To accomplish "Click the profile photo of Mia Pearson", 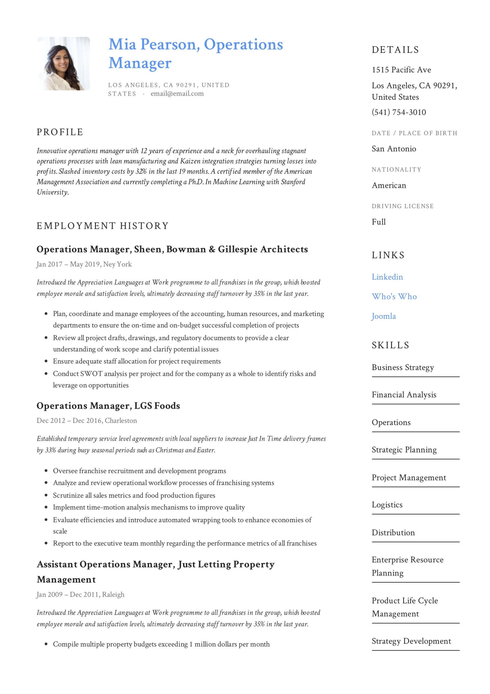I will point(63,63).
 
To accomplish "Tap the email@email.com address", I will point(177,94).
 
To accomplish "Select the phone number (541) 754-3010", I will point(399,112).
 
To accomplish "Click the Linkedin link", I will point(387,277).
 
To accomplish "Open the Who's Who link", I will point(394,297).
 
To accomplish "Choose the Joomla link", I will point(384,316).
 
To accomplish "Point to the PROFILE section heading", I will point(60,132).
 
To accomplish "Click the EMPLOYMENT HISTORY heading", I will point(102,226).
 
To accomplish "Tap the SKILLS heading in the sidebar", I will point(390,345).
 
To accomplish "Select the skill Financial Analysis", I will point(404,395).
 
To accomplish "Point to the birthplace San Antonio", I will point(394,149).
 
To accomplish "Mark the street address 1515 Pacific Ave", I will point(401,70).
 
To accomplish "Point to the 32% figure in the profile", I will point(141,171).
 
